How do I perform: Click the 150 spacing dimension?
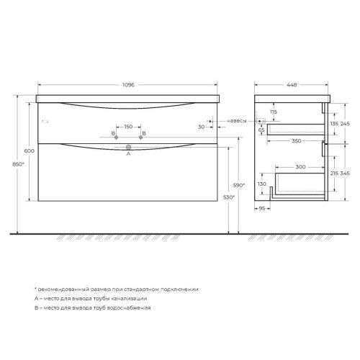coord(128,127)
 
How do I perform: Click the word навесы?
coord(239,120)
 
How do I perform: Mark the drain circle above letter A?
coord(128,146)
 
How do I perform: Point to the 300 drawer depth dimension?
coord(291,167)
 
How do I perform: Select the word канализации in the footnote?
coord(130,297)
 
